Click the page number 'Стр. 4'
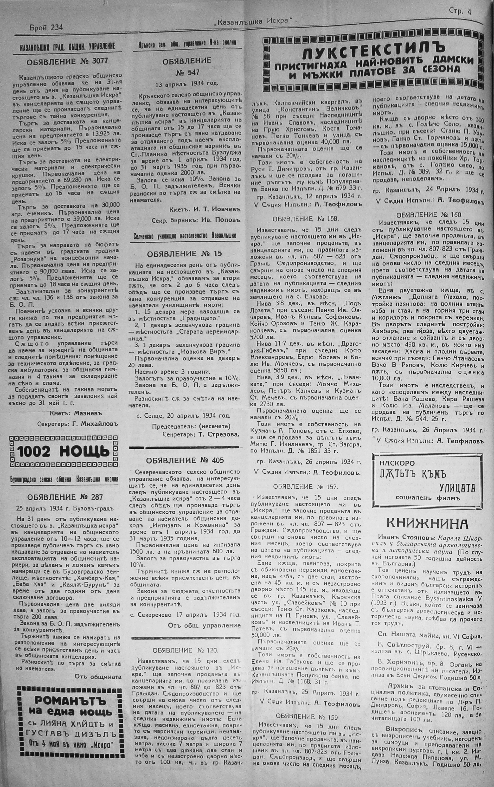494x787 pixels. (x=460, y=12)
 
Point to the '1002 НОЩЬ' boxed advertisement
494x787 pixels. (x=64, y=452)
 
